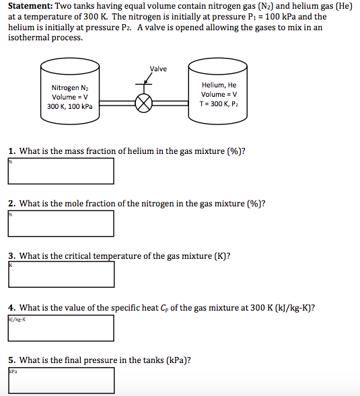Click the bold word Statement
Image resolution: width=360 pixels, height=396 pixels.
30,6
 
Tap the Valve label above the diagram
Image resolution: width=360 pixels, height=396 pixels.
158,69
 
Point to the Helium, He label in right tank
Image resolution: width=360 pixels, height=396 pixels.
219,85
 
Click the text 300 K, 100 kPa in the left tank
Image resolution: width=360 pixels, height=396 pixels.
69,106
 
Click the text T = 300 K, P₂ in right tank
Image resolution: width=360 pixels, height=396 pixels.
219,104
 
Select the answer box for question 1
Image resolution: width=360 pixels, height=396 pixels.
61,171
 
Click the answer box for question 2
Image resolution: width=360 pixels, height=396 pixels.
61,223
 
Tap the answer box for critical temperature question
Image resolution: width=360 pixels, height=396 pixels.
61,275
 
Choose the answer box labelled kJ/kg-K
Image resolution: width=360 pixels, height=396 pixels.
61,327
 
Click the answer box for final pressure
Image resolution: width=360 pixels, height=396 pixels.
61,380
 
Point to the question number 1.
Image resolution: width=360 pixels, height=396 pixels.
11,151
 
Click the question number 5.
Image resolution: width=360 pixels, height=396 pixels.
11,360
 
